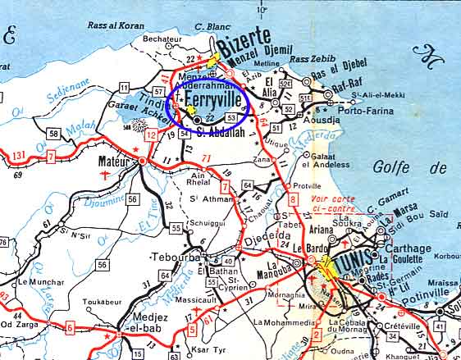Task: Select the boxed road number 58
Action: pos(52,133)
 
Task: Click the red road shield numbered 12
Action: pos(150,134)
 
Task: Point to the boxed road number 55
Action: pos(176,227)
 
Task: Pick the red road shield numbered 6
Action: pos(70,328)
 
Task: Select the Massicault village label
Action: pos(190,301)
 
